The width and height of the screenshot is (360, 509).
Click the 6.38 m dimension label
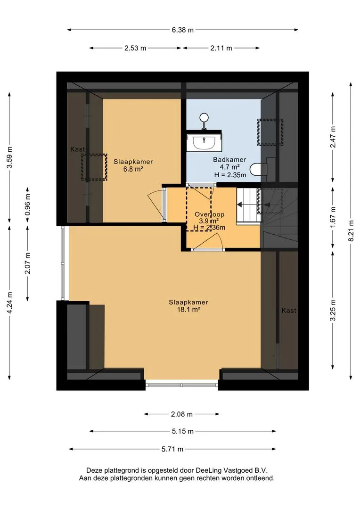[x=182, y=30]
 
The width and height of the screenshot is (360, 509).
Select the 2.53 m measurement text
[x=135, y=48]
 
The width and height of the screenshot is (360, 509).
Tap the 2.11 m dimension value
[x=221, y=48]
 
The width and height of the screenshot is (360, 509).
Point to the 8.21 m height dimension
[x=351, y=231]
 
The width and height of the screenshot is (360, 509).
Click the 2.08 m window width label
[x=182, y=414]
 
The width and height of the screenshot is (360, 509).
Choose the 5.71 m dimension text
[x=172, y=449]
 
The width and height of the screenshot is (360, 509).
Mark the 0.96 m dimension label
[x=28, y=205]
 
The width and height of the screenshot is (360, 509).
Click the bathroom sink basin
[x=204, y=142]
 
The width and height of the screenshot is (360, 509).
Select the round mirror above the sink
[x=204, y=117]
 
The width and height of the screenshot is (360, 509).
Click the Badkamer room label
[x=229, y=159]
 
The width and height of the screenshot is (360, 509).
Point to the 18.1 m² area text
[x=188, y=309]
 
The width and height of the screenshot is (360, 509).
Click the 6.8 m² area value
[x=133, y=169]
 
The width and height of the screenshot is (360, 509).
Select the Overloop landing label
[x=209, y=214]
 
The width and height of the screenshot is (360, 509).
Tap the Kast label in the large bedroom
[x=288, y=310]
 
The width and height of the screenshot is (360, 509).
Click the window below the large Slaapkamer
[x=181, y=385]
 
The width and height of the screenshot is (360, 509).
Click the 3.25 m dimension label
[x=333, y=310]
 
